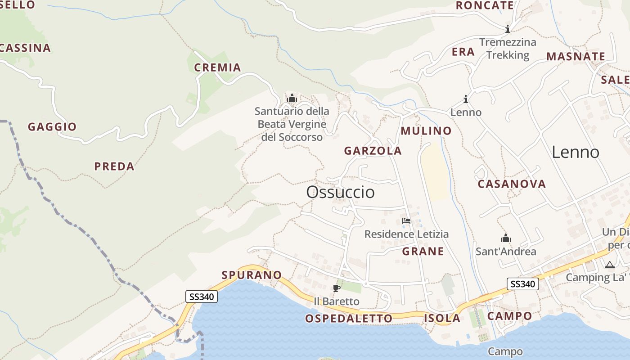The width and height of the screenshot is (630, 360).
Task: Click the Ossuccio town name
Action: pyautogui.click(x=340, y=192)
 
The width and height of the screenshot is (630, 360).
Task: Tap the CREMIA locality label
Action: pyautogui.click(x=217, y=67)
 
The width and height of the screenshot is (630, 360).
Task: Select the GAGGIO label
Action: pyautogui.click(x=52, y=127)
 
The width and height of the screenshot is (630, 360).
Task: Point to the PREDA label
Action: pyautogui.click(x=114, y=166)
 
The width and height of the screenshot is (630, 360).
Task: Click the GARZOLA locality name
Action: pyautogui.click(x=373, y=151)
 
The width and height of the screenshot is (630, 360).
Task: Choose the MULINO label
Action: pyautogui.click(x=426, y=131)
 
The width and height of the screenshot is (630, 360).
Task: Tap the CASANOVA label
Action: pyautogui.click(x=512, y=184)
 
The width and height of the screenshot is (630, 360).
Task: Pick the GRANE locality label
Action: pyautogui.click(x=423, y=251)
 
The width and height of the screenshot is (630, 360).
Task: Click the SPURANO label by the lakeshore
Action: pyautogui.click(x=252, y=274)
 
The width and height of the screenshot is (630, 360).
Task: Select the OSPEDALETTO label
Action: pyautogui.click(x=349, y=319)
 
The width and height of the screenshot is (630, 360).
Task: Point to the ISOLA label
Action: pyautogui.click(x=442, y=319)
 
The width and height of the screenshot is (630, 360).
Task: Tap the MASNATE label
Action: pyautogui.click(x=576, y=57)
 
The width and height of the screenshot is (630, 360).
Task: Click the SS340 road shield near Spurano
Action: pyautogui.click(x=202, y=296)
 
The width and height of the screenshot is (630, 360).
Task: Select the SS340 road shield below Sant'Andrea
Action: pyautogui.click(x=522, y=284)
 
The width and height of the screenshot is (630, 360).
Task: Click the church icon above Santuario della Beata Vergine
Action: pyautogui.click(x=292, y=98)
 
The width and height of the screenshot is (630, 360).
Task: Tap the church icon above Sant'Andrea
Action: pyautogui.click(x=506, y=238)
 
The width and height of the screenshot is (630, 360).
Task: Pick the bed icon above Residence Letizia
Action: pyautogui.click(x=406, y=221)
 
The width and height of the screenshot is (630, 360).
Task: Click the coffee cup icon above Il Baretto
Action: pyautogui.click(x=336, y=288)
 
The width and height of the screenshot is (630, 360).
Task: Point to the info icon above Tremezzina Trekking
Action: pyautogui.click(x=508, y=29)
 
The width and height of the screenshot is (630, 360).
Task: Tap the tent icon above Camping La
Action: pyautogui.click(x=609, y=265)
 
